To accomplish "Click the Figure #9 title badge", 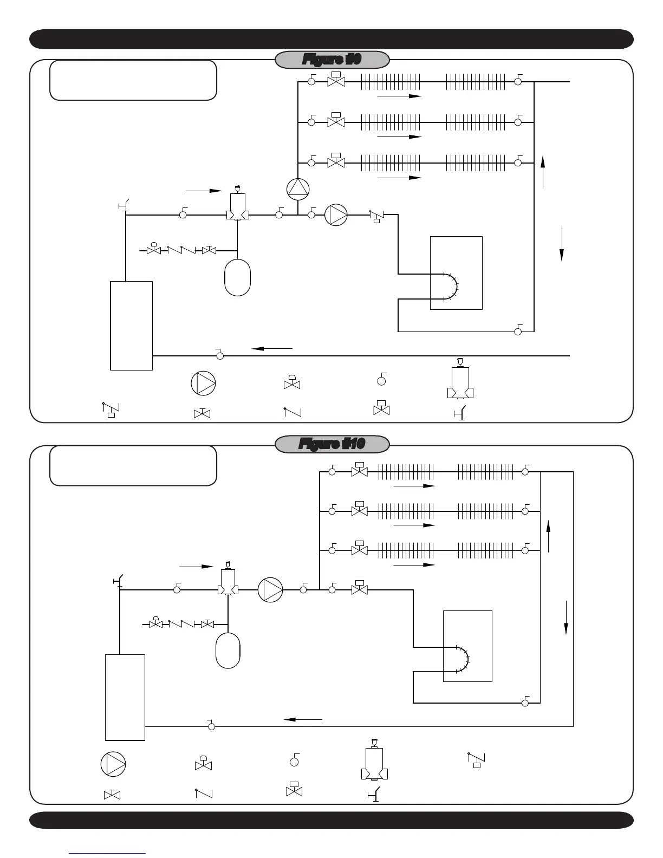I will click(332, 60).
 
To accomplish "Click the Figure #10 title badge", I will click(332, 444).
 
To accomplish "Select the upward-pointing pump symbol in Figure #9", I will click(298, 188).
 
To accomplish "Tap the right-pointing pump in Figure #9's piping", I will click(336, 215).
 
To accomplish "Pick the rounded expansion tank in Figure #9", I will click(237, 277).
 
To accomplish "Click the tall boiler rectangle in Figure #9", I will click(131, 325).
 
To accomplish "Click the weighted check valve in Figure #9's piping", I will click(376, 217).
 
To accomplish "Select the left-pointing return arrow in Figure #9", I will click(272, 348).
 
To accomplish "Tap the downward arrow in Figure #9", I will click(562, 243).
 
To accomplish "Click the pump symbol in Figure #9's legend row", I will click(203, 383).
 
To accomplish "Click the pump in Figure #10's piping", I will click(270, 590).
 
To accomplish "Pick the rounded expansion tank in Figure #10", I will click(227, 650).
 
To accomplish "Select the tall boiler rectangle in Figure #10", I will click(125, 697).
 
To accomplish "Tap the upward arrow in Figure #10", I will click(549, 536).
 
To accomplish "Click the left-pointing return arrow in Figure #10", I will click(303, 719).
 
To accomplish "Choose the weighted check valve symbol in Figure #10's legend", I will click(476, 759).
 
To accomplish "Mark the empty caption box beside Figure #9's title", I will click(133, 80).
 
